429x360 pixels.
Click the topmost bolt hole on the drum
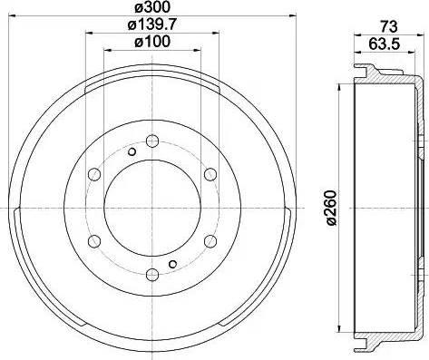151,141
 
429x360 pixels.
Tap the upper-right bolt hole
210,174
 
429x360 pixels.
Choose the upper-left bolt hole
93,174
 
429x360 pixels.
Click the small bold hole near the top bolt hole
132,151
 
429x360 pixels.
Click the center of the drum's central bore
151,208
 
